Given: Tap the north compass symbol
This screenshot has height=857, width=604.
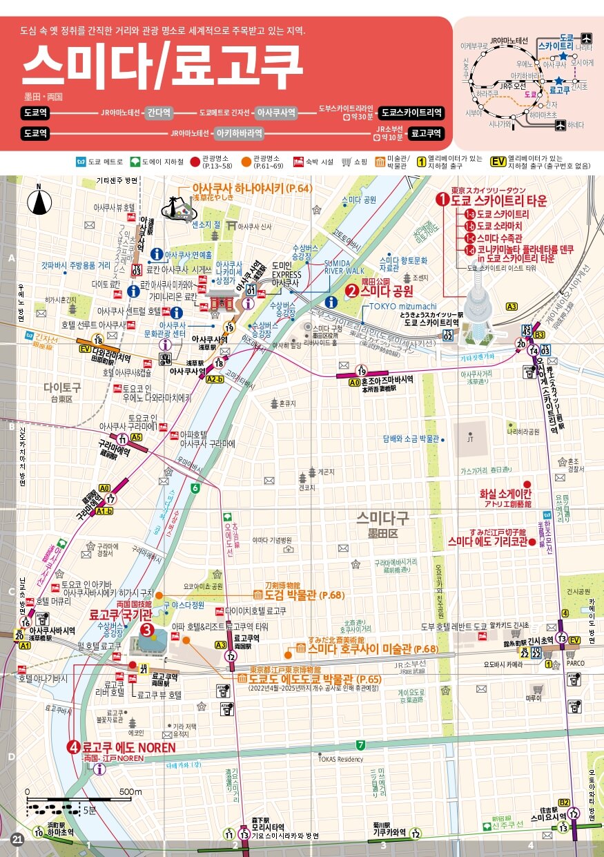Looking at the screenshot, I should (x=39, y=202).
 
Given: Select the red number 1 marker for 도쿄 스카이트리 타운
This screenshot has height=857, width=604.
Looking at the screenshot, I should (x=442, y=200).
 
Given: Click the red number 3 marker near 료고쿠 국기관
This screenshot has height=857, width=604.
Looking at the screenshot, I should (x=146, y=629).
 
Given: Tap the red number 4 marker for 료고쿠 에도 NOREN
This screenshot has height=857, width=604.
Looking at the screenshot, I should (x=73, y=747).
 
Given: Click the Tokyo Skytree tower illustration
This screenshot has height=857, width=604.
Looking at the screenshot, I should (x=476, y=304).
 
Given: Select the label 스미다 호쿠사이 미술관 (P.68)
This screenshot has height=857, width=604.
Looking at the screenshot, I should (x=373, y=648).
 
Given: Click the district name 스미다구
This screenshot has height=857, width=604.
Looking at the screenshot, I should (x=383, y=517).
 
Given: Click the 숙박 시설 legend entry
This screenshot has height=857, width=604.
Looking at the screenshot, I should (x=314, y=162).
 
